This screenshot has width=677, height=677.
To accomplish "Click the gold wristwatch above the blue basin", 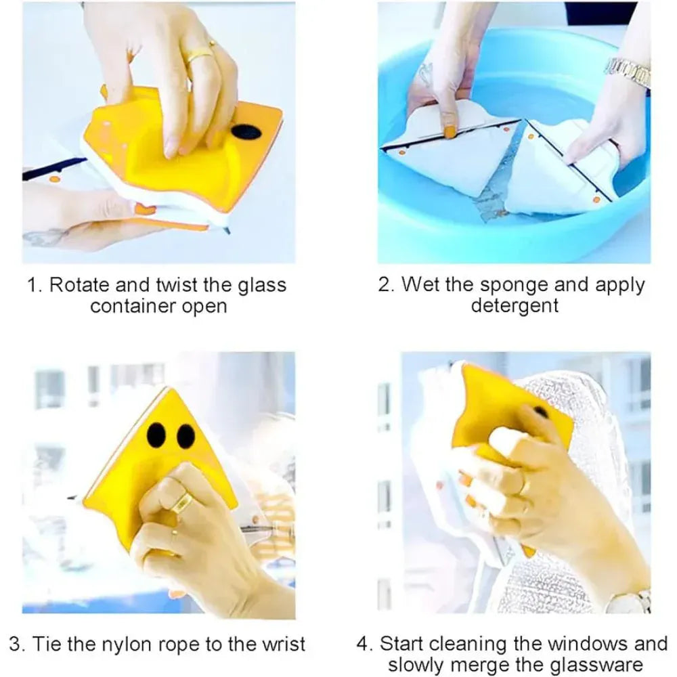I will pyautogui.click(x=628, y=71).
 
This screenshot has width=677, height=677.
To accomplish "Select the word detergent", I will pyautogui.click(x=515, y=305).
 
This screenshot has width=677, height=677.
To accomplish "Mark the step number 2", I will pyautogui.click(x=385, y=284).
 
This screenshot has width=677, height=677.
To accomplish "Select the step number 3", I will pyautogui.click(x=15, y=644).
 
